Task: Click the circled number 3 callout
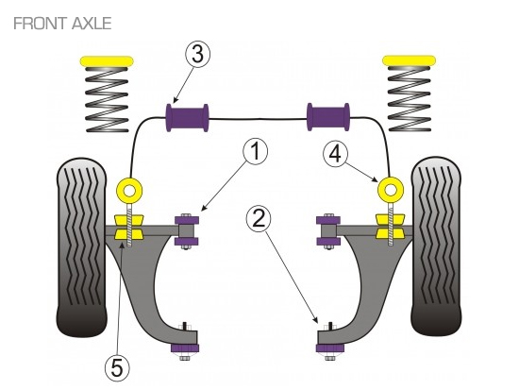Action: click(197, 54)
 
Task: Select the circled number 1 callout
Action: click(255, 151)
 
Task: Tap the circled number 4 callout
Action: click(336, 154)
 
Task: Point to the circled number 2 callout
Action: click(259, 218)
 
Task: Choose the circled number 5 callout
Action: click(118, 367)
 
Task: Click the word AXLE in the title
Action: click(92, 24)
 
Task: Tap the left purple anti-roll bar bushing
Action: click(187, 118)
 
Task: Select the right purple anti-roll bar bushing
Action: click(328, 117)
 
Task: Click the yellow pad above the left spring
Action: click(107, 61)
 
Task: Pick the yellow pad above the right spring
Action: click(410, 60)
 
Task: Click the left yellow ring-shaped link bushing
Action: click(124, 191)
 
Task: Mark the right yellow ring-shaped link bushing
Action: click(385, 191)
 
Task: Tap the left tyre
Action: click(82, 246)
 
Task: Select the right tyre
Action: click(436, 246)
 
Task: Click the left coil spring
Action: click(107, 99)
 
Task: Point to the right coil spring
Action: click(410, 99)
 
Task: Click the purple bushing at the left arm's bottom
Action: click(185, 348)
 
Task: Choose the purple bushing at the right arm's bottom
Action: click(330, 348)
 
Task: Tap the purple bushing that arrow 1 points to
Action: click(187, 230)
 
